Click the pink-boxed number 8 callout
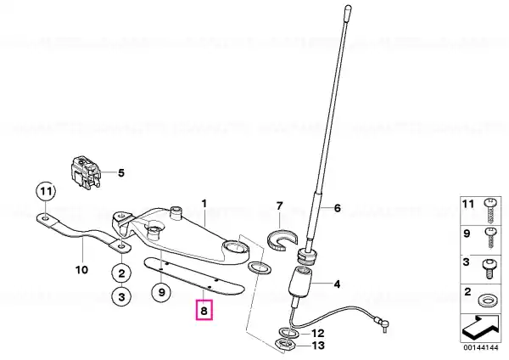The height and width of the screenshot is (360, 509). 204,311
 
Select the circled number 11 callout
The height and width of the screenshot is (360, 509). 46,192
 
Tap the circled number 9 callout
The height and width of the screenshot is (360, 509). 162,292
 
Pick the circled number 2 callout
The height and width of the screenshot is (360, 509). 121,273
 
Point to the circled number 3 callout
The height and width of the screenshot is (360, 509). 121,296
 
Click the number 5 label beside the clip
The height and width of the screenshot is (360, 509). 121,172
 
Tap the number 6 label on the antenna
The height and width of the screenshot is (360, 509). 338,208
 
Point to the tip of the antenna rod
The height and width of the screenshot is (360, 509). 348,6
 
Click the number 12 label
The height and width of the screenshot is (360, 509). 318,334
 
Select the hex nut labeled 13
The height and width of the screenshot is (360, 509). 285,344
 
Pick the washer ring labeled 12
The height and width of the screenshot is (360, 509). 288,332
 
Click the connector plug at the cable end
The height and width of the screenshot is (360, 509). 383,324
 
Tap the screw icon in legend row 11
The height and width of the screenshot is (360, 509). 490,211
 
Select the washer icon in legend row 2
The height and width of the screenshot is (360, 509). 487,301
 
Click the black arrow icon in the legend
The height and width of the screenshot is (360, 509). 481,327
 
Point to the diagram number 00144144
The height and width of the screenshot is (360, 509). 481,347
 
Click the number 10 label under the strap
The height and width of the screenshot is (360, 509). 81,270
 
